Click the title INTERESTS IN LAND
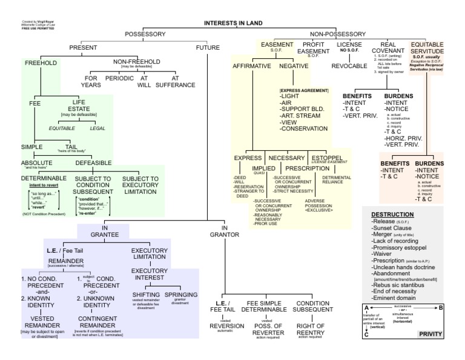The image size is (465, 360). (x=233, y=22)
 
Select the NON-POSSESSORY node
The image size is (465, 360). (x=338, y=34)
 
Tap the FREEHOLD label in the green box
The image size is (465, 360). (x=41, y=62)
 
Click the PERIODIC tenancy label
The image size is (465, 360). (x=120, y=78)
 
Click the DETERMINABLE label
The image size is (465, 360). (x=44, y=179)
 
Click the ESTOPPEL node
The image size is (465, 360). (x=328, y=158)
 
